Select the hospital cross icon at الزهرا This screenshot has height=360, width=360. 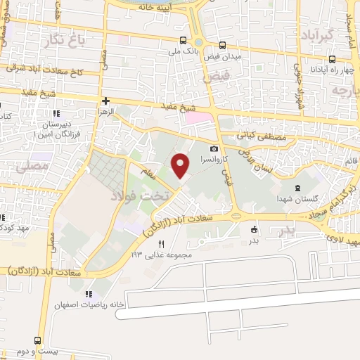pos(105,101)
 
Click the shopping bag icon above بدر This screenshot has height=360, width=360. pos(254,229)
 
